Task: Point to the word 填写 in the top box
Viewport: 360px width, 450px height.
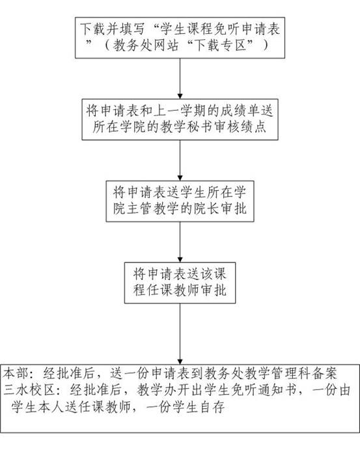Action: tap(135, 29)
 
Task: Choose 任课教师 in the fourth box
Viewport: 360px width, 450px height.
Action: tap(173, 290)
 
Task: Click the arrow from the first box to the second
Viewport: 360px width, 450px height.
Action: tap(180, 79)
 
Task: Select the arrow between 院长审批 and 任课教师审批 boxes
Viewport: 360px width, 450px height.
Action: tap(180, 242)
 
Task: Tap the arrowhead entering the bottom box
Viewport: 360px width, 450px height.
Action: tap(180, 362)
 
